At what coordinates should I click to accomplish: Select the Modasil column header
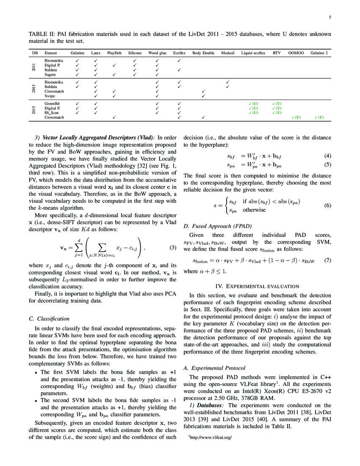coord(227,53)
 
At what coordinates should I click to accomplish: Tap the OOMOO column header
coord(295,53)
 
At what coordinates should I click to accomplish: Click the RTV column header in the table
coord(277,53)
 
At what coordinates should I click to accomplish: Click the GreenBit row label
coord(53,103)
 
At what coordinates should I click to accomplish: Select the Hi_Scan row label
coord(52,113)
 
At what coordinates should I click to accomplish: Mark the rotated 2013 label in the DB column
coord(34,89)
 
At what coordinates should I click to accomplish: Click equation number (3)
coord(172,247)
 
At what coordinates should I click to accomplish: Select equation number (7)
coord(327,261)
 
